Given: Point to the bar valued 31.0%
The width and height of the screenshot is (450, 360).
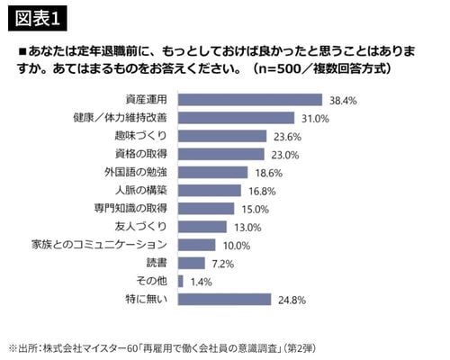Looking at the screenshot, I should (x=238, y=117).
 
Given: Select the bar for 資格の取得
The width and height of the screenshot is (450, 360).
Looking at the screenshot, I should (x=222, y=154).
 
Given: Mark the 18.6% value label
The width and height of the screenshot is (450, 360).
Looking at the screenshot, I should (x=270, y=172).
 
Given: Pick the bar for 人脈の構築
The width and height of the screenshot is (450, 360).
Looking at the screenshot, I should (x=211, y=190).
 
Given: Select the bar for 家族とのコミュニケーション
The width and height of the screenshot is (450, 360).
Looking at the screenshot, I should (x=197, y=245).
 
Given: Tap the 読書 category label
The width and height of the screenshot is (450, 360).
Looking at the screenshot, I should (x=157, y=263).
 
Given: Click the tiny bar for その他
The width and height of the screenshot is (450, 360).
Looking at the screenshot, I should (x=181, y=281).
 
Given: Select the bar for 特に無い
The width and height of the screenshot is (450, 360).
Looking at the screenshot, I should (x=225, y=299).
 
